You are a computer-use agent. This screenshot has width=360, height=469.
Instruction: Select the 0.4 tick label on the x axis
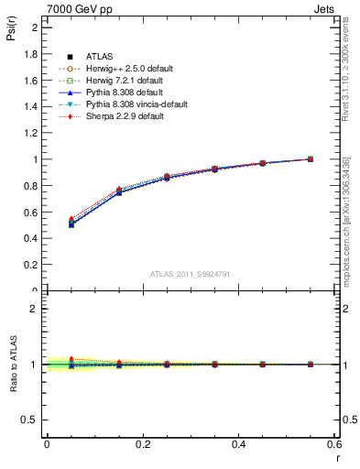pyautogui.click(x=238, y=444)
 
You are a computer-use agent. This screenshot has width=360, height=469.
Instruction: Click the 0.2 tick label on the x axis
pyautogui.click(x=142, y=444)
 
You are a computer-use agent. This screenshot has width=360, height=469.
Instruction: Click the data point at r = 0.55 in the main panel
pyautogui.click(x=310, y=158)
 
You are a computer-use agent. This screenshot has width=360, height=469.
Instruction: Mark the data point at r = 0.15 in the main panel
pyautogui.click(x=118, y=191)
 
